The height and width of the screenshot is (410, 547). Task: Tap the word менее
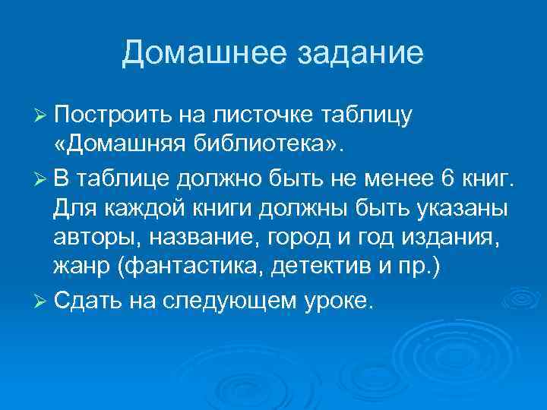click(397, 179)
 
